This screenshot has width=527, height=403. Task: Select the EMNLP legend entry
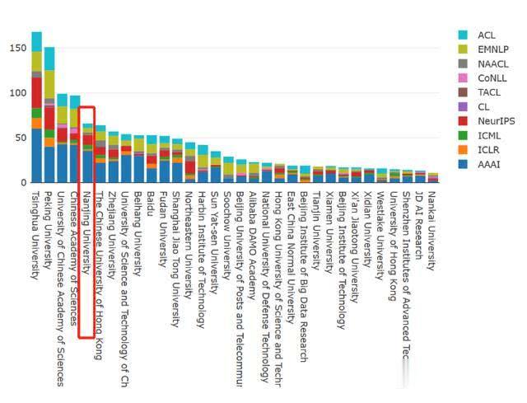pyautogui.click(x=492, y=49)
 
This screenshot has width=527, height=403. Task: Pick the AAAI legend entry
pyautogui.click(x=489, y=165)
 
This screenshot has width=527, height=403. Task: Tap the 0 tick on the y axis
pyautogui.click(x=21, y=182)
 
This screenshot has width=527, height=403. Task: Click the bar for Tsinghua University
pyautogui.click(x=36, y=107)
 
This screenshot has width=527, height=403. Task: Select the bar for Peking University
pyautogui.click(x=49, y=115)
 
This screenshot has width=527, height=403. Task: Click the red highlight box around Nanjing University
pyautogui.click(x=87, y=222)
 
